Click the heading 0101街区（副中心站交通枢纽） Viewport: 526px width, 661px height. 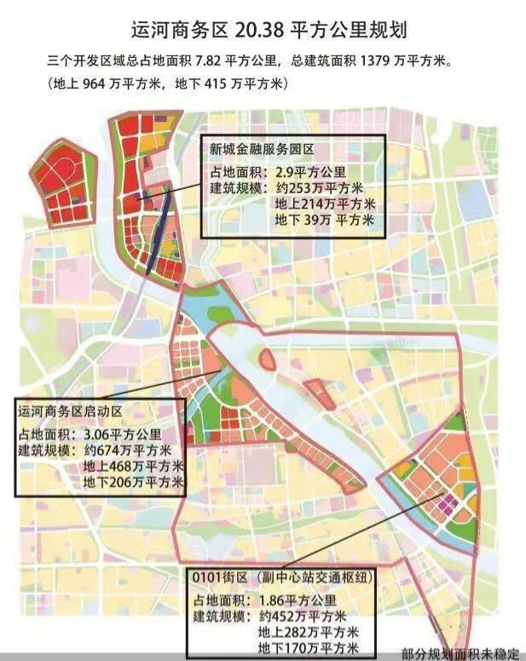coord(286,578)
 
